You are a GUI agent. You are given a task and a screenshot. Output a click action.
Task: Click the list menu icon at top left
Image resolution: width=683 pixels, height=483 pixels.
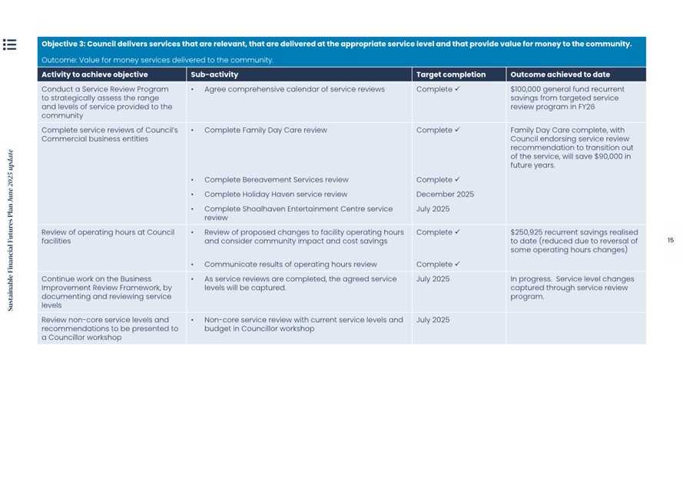pos(9,45)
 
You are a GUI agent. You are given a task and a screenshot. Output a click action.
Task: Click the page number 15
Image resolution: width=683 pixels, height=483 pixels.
pos(670,240)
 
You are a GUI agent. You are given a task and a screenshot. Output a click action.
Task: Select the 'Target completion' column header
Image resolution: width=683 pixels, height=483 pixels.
pos(450,75)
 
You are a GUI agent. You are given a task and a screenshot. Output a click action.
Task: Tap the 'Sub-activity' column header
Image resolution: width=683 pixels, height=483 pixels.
pos(214,75)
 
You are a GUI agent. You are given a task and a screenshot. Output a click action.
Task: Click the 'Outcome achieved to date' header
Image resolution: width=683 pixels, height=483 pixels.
pos(559,75)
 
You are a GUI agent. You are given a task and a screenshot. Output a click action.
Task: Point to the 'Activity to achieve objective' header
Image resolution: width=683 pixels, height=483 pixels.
pos(94,75)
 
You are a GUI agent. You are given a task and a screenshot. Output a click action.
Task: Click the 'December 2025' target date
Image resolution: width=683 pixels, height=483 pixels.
pos(445,195)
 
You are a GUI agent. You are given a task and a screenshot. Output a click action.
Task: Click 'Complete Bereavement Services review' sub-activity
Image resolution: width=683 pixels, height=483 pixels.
pos(276,180)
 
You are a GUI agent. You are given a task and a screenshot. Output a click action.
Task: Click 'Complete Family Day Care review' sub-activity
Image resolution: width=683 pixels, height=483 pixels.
pos(265,130)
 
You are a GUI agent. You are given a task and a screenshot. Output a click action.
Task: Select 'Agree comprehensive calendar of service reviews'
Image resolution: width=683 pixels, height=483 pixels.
pos(294,89)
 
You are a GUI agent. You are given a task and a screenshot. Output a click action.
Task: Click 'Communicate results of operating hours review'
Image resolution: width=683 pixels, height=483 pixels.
pos(290,265)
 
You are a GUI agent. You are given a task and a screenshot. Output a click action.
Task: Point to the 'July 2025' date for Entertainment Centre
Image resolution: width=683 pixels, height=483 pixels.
pos(433,209)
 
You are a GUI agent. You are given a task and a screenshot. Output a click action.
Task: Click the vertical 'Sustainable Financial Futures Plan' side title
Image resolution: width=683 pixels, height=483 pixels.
pos(11,231)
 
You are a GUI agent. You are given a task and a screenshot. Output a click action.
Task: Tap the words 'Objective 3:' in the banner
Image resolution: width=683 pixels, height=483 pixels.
pos(63,44)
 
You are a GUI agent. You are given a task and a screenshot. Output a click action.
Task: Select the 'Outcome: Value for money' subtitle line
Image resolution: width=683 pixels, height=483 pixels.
pos(157,60)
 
